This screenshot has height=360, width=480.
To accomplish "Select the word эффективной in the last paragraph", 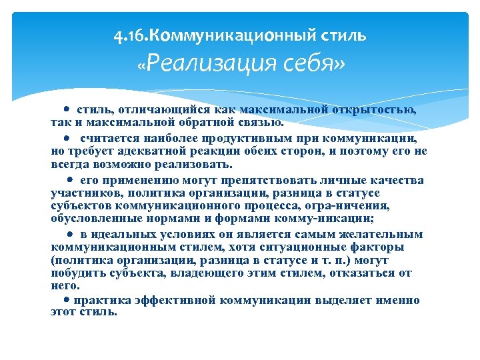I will coord(176,300).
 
